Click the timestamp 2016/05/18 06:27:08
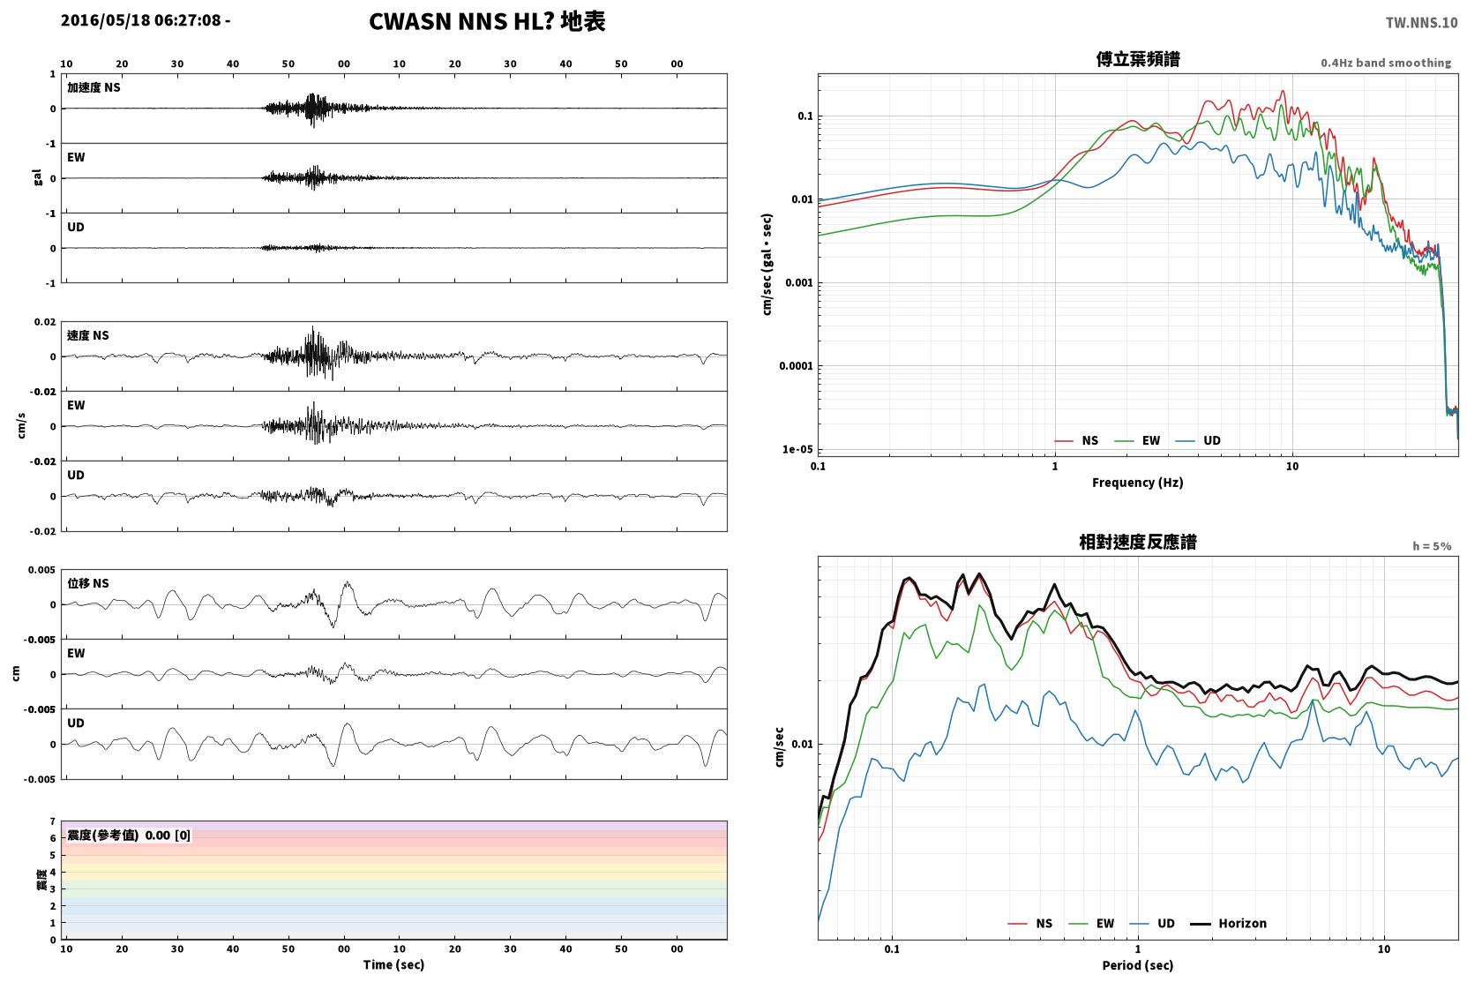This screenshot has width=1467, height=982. [141, 20]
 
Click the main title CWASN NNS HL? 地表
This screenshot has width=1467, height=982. [487, 22]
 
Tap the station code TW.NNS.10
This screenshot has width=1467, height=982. [1421, 23]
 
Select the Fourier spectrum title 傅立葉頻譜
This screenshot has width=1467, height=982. [1138, 60]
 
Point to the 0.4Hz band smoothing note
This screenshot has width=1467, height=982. [1386, 63]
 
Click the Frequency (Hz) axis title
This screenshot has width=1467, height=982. [1138, 483]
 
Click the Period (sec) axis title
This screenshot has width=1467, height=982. [1138, 965]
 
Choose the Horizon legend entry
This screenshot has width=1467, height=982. [1228, 924]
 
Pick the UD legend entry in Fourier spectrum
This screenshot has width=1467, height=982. [1198, 441]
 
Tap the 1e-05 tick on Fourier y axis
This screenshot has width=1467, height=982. [797, 449]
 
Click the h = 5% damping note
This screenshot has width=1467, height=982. [1432, 546]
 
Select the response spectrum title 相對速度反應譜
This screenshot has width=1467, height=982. [1138, 543]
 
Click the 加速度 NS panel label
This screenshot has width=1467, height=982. [94, 87]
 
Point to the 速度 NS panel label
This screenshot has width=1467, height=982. [87, 335]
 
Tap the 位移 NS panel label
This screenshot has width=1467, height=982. [87, 583]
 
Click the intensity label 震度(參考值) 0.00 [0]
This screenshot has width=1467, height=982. [129, 836]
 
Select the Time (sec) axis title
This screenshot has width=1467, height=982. [393, 965]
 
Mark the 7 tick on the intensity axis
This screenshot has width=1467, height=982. [53, 821]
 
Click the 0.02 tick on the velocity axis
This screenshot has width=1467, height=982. [45, 322]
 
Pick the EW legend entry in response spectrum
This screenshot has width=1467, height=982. [1091, 924]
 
